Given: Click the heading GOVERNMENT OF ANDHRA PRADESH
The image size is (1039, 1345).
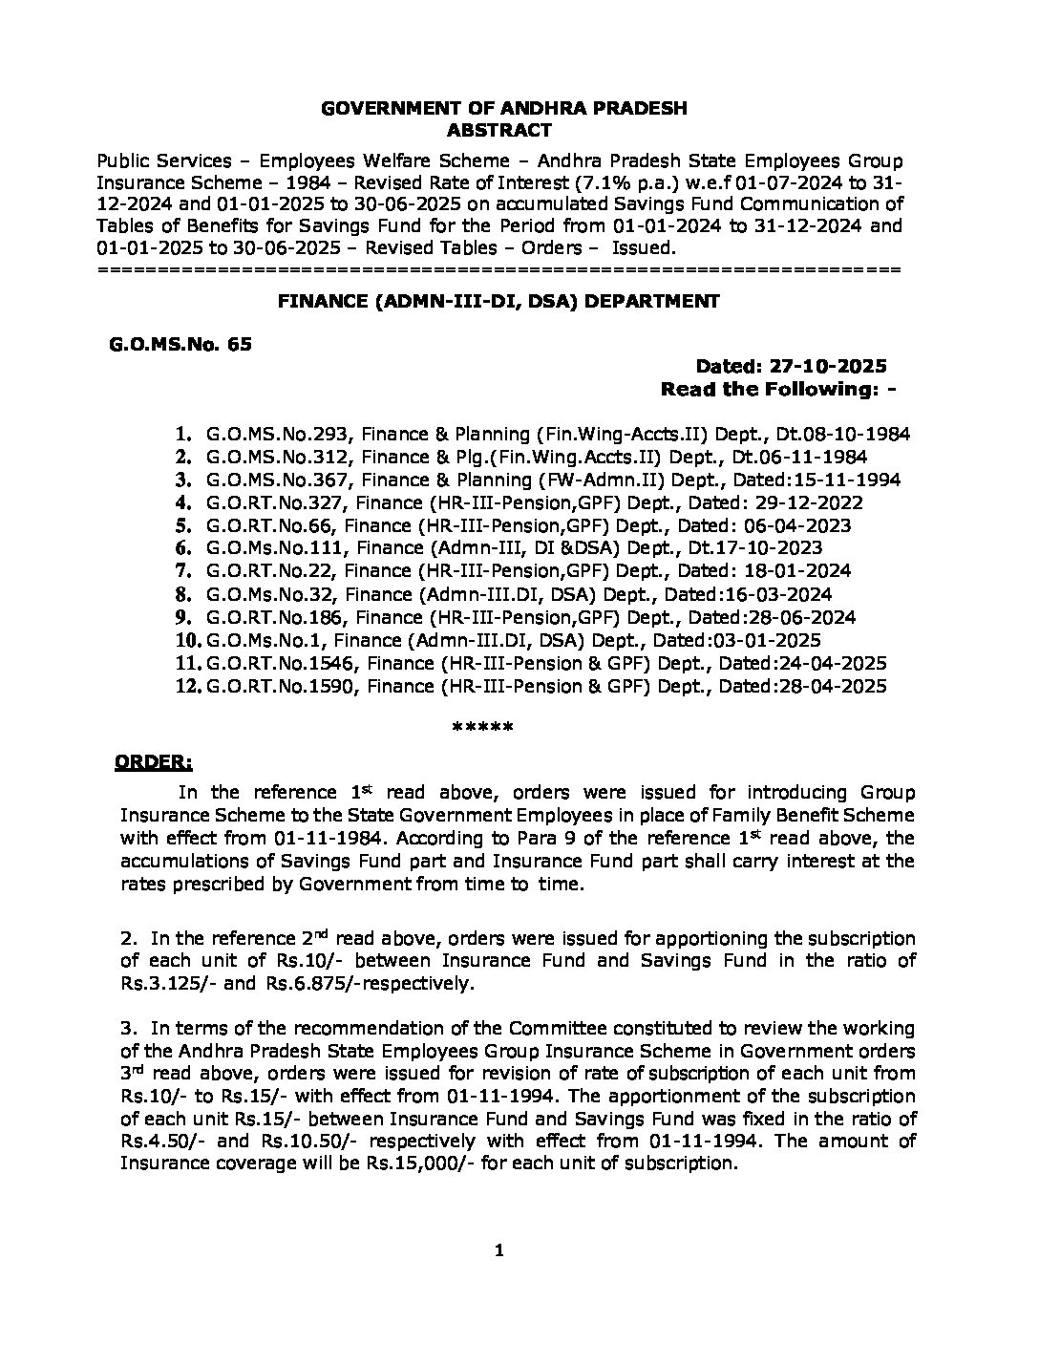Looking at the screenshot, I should tap(504, 109).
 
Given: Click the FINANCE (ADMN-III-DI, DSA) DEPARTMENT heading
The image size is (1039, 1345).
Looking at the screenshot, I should tap(498, 301).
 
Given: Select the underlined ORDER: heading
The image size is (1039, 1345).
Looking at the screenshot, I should tap(154, 761).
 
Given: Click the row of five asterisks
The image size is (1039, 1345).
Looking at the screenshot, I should tap(482, 728).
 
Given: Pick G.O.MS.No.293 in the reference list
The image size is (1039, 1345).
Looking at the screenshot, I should tap(267, 434).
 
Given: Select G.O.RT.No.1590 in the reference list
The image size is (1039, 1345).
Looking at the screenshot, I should tap(278, 686).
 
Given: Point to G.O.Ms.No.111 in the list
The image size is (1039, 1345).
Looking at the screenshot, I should tap(267, 548).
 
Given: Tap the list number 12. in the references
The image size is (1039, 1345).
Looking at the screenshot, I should tap(186, 686).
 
